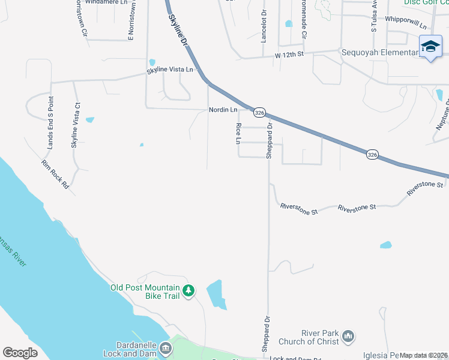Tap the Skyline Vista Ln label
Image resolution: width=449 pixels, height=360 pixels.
pyautogui.click(x=170, y=70)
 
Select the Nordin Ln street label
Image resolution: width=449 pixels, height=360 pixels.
pyautogui.click(x=223, y=110)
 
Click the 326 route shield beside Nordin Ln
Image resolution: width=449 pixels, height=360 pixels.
pyautogui.click(x=259, y=112)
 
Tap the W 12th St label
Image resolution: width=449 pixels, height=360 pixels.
pyautogui.click(x=290, y=55)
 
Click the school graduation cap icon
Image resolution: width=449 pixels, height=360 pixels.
pyautogui.click(x=430, y=46)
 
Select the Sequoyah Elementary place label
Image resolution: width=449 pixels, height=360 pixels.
pyautogui.click(x=379, y=52)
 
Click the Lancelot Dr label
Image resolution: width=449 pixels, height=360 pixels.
pyautogui.click(x=263, y=26)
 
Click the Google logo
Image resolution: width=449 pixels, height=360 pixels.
pyautogui.click(x=20, y=352)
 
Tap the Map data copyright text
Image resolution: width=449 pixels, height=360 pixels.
pyautogui.click(x=424, y=355)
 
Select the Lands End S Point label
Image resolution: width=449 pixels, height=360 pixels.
pyautogui.click(x=50, y=122)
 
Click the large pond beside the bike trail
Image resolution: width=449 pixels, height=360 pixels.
pyautogui.click(x=216, y=294)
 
